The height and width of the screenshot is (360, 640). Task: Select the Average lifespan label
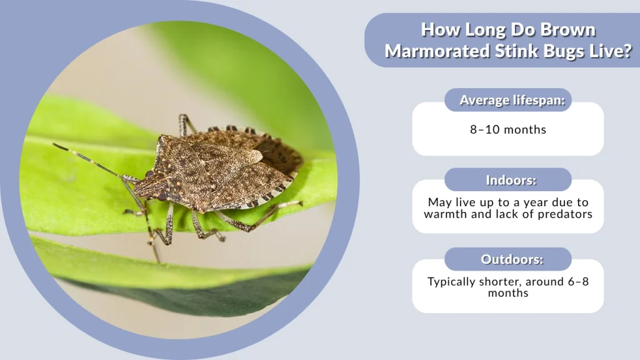(507, 100)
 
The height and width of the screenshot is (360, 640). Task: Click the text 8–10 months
(507, 129)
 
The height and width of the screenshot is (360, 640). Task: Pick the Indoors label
(507, 180)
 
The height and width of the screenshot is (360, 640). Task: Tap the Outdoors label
(507, 259)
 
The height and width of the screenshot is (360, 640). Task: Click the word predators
(564, 214)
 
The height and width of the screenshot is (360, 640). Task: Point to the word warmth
(446, 214)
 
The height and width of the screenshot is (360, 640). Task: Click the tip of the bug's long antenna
(55, 146)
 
